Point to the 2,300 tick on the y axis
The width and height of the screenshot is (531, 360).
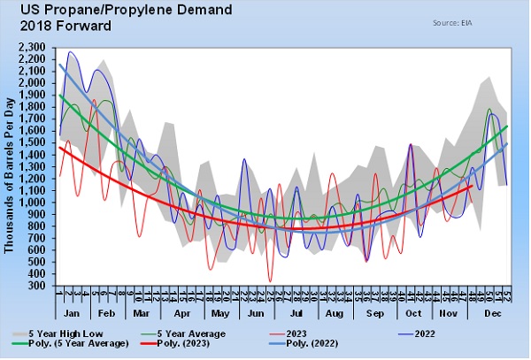[x=34, y=46]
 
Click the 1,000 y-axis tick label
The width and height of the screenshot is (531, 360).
[x=34, y=202]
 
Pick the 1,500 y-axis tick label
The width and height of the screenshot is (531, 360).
[x=34, y=142]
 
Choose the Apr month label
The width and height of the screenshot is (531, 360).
[x=183, y=314]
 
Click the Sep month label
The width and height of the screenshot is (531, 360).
[x=373, y=314]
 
